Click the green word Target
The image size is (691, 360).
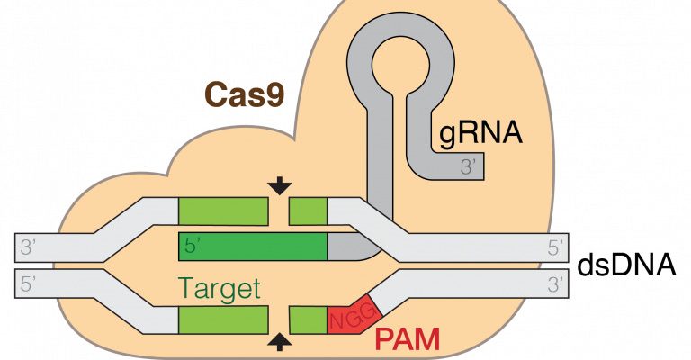point(220,289)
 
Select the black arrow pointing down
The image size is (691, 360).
point(280,185)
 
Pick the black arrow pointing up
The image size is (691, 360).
point(280,340)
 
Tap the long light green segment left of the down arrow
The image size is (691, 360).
point(223,211)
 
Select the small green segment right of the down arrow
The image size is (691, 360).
point(308,211)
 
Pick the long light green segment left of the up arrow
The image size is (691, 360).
point(223,319)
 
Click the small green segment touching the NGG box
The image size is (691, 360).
point(308,319)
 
